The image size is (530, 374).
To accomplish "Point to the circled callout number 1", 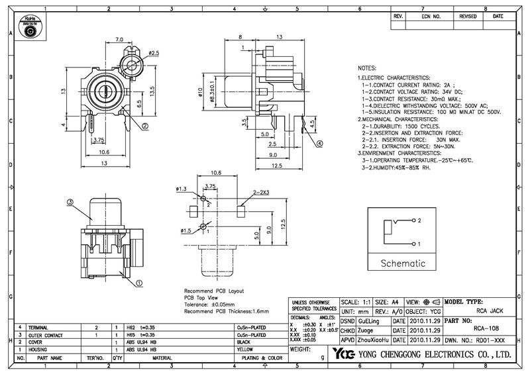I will [140, 283].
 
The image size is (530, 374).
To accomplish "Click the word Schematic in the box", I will [403, 263].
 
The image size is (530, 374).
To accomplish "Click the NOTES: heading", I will [368, 69].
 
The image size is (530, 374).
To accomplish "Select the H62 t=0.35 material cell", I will [140, 328].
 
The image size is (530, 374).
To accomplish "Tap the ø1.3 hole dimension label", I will [182, 189].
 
